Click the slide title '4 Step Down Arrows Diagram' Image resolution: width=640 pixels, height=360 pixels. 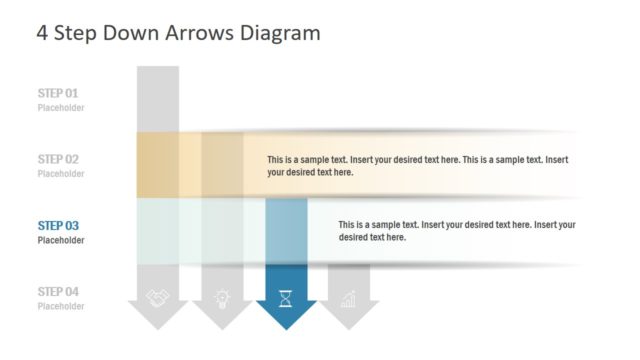(x=178, y=32)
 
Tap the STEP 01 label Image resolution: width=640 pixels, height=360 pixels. (x=58, y=93)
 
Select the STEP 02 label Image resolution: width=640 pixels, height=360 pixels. (x=58, y=159)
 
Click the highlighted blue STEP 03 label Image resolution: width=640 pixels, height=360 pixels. (x=58, y=225)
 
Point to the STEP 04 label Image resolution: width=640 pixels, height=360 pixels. (x=58, y=291)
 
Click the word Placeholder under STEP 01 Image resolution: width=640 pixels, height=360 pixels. (x=61, y=108)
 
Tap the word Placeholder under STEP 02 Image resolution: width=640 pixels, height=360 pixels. (x=61, y=174)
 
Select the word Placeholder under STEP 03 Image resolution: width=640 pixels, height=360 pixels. (x=61, y=240)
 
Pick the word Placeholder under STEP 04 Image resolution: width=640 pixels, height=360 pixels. (x=61, y=306)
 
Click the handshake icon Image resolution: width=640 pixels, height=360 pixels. (x=158, y=297)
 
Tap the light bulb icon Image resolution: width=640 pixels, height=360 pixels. (x=222, y=297)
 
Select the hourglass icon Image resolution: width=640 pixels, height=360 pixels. (x=286, y=297)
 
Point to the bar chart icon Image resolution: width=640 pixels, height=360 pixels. (x=349, y=297)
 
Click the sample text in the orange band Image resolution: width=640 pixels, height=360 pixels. (x=417, y=166)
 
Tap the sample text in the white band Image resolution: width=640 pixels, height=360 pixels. (x=456, y=231)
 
